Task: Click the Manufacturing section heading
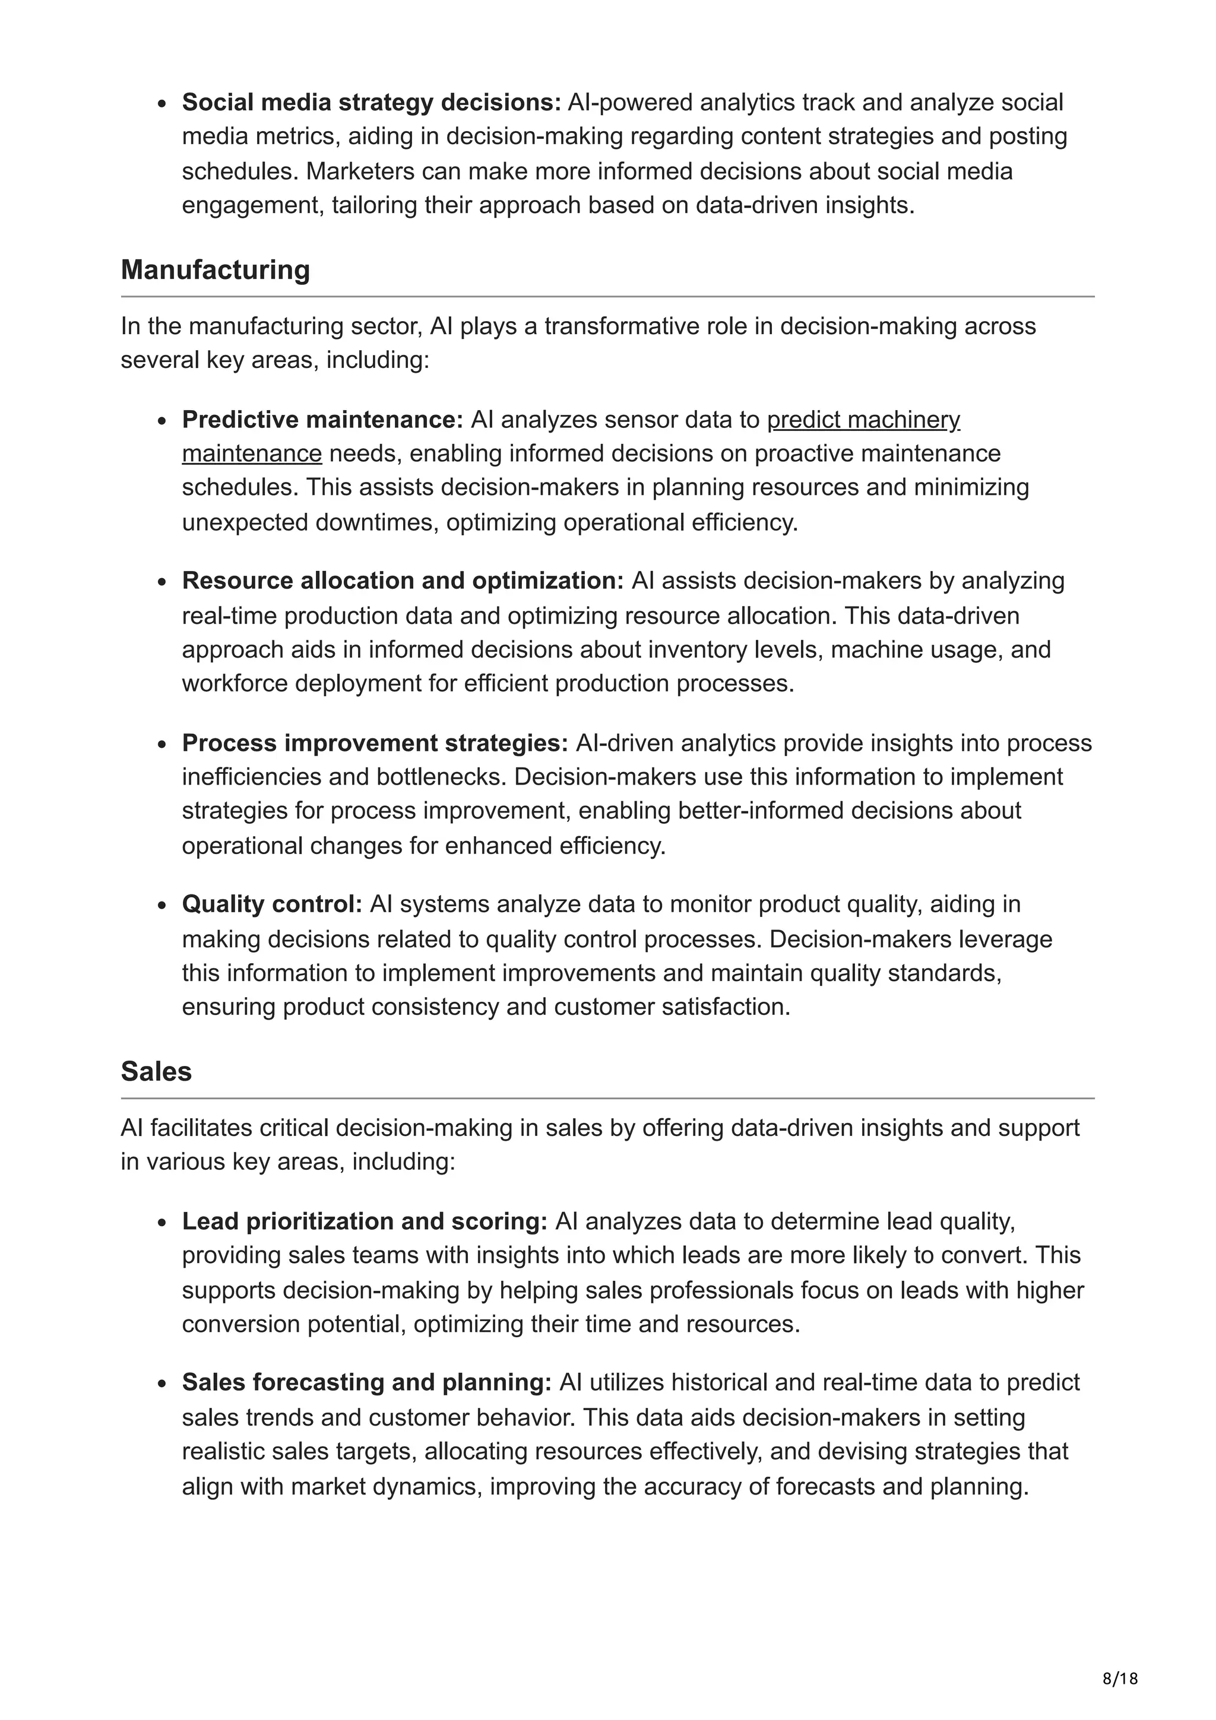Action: (x=215, y=269)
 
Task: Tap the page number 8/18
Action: (x=1119, y=1679)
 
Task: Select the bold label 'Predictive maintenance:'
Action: (x=323, y=420)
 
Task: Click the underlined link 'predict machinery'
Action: (x=863, y=420)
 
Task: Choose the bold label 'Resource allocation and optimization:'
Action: (x=403, y=580)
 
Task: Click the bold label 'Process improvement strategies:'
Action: (x=375, y=742)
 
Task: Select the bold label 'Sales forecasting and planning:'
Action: (x=366, y=1382)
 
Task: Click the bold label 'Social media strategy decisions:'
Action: (x=372, y=102)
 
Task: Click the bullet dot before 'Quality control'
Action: (x=162, y=906)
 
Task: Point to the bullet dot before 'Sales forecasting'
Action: (x=162, y=1383)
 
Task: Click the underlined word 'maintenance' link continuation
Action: (x=252, y=453)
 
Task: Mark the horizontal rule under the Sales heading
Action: (x=607, y=1098)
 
